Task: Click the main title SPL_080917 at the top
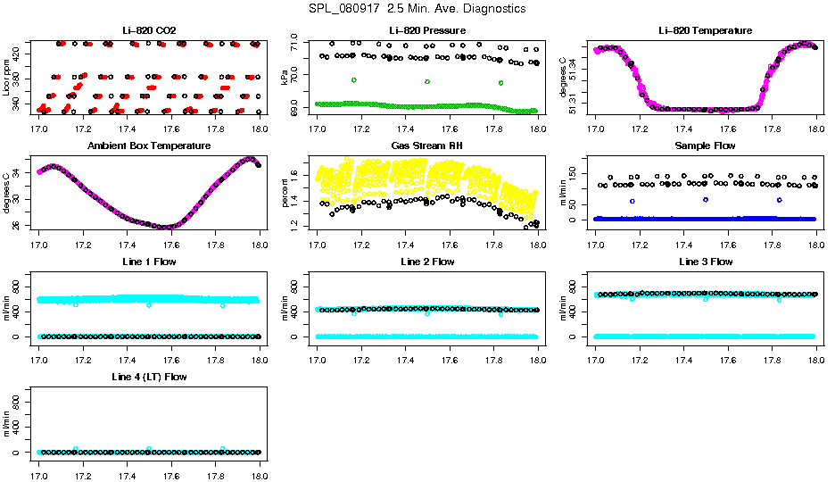(417, 9)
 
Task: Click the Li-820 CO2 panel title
(149, 30)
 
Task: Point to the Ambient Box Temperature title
(149, 145)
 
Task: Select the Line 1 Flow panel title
(149, 262)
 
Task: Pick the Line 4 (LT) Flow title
(149, 378)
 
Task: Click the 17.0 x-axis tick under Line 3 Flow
(596, 349)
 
